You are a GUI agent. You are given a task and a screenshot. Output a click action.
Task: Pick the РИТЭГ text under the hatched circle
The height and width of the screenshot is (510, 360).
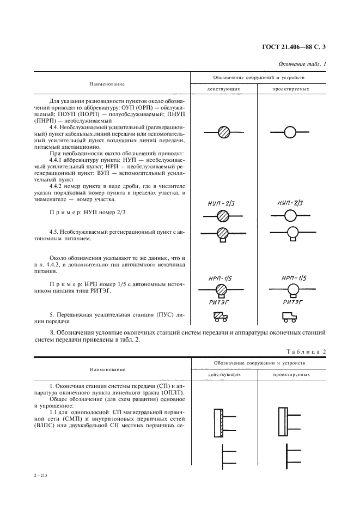(x=222, y=301)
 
